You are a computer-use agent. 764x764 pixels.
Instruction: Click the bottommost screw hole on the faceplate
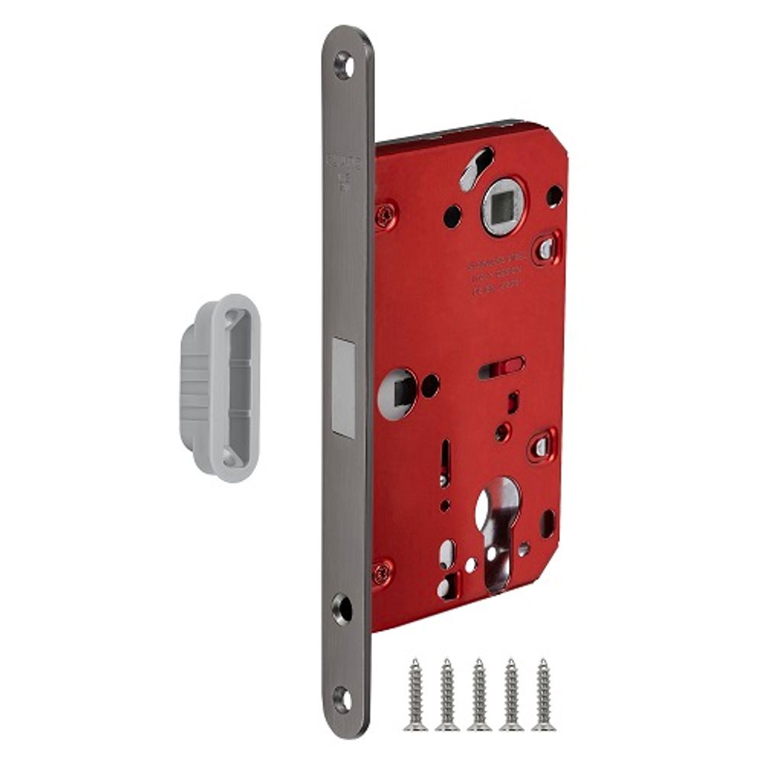click(342, 698)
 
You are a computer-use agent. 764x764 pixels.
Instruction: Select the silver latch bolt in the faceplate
click(344, 388)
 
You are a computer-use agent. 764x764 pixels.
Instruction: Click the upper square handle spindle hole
click(503, 206)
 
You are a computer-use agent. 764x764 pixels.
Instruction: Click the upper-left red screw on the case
click(386, 213)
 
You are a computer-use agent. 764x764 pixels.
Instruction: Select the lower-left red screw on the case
click(382, 572)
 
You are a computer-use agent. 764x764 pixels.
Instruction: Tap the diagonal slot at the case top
click(476, 167)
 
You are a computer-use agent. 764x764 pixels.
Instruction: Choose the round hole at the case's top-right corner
click(553, 196)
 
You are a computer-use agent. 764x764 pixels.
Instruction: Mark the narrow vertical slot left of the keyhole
click(443, 465)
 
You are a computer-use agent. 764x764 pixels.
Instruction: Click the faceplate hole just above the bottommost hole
click(342, 608)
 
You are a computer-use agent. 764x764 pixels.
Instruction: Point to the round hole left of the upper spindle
click(452, 215)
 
